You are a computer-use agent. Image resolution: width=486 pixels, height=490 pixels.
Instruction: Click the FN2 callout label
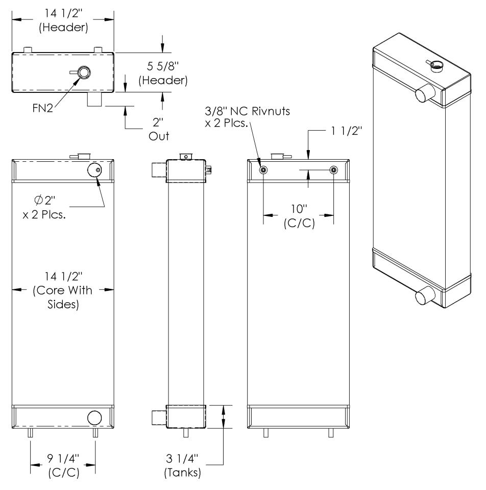(x=42, y=108)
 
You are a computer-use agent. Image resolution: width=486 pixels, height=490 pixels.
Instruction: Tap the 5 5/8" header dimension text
(x=163, y=73)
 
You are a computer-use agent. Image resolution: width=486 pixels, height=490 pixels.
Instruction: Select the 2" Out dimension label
(x=158, y=129)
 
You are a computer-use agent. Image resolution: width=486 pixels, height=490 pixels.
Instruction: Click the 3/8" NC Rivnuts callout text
(x=247, y=117)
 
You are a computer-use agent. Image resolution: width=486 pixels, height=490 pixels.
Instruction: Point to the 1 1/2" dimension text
(x=346, y=131)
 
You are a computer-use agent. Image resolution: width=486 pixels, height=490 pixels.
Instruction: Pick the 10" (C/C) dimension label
(x=299, y=216)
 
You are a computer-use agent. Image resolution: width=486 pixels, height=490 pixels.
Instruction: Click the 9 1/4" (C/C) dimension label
(x=63, y=465)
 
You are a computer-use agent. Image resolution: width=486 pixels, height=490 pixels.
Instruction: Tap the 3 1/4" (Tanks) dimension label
(x=182, y=465)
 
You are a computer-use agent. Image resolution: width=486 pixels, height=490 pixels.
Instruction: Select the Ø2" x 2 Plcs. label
(x=44, y=207)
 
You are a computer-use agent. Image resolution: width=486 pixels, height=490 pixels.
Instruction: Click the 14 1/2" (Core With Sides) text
(x=63, y=290)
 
